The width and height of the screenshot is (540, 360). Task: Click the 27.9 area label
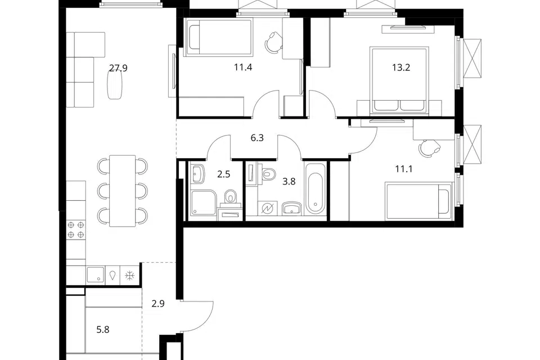[118, 68]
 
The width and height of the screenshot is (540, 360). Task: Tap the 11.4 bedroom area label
[243, 67]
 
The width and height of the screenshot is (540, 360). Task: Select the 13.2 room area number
[401, 67]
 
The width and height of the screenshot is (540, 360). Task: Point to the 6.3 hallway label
[257, 138]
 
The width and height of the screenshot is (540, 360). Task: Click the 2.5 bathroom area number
[223, 174]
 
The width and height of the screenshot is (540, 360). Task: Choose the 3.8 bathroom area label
[289, 181]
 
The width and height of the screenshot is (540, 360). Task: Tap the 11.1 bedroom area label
[404, 169]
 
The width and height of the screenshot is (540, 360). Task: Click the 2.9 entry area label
[158, 304]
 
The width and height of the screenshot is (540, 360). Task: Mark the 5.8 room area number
[103, 330]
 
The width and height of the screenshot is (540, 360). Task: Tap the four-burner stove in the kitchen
[76, 229]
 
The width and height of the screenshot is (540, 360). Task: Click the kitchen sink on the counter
[95, 275]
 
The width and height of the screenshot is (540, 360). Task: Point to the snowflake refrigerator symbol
[129, 276]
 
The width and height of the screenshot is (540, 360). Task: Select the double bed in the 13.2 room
[399, 80]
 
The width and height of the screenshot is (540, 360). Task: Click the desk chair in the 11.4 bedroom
[273, 42]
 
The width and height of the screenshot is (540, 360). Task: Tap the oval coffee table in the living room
[115, 85]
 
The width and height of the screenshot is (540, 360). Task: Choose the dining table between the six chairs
[122, 191]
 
